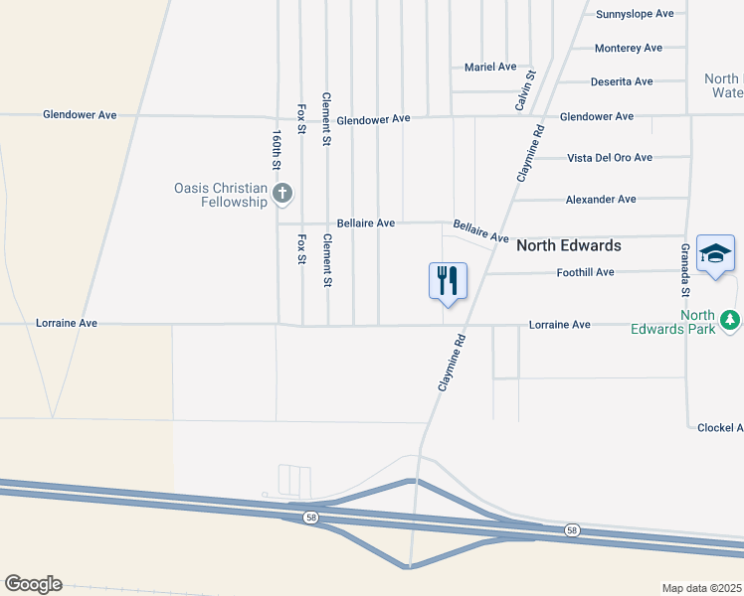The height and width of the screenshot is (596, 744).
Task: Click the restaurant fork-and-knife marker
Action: coord(448,280)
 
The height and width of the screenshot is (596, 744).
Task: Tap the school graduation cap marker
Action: coord(716,255)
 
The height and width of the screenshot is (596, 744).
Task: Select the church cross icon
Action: coord(282,193)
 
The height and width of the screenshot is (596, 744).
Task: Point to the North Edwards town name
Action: coord(568,245)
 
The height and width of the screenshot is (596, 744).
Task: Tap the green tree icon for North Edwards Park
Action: coord(731,319)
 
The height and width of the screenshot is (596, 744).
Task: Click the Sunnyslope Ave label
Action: coord(635,14)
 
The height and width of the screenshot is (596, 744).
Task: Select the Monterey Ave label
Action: coord(628,48)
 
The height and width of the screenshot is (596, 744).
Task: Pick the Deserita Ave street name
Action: coord(621,81)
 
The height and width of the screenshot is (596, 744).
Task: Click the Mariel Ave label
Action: coord(490,67)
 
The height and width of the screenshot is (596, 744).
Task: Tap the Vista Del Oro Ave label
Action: coord(609,157)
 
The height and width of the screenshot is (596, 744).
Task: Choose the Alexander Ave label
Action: coord(600,200)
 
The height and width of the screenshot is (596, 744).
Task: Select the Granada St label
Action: coord(685,269)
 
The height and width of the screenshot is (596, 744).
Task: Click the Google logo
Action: coord(33,584)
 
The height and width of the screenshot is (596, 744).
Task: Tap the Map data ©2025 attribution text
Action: coord(702,588)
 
